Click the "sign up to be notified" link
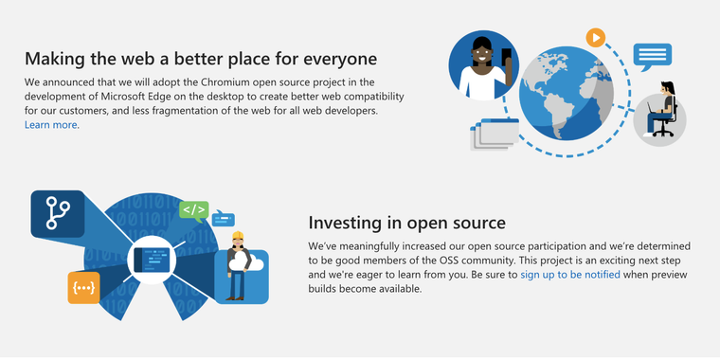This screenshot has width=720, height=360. [570, 275]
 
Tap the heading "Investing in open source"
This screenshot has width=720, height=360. [406, 224]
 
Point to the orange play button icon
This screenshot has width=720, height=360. [595, 38]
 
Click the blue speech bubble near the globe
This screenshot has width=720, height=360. [652, 55]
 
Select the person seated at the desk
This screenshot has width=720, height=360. [664, 112]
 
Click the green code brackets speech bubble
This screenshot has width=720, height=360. [193, 209]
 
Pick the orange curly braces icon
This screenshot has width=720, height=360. [83, 287]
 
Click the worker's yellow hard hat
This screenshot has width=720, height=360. [238, 236]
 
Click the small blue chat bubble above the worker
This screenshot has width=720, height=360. [225, 218]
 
